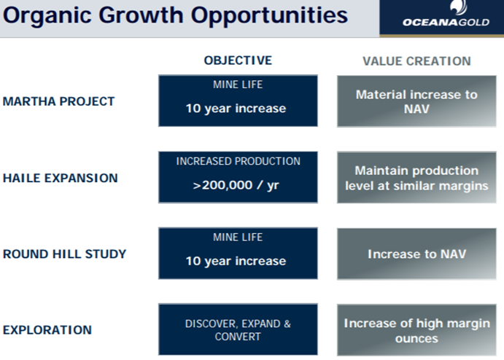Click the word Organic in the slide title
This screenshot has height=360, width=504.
[x=47, y=16]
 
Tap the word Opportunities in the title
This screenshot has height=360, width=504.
[x=269, y=15]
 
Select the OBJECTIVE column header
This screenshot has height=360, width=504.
[x=238, y=60]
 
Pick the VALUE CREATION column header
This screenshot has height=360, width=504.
[x=416, y=61]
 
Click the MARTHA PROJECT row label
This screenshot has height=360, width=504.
[x=58, y=101]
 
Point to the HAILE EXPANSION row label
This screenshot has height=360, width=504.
[x=60, y=178]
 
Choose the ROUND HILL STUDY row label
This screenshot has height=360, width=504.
[x=64, y=254]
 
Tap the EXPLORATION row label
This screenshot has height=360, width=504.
[x=47, y=330]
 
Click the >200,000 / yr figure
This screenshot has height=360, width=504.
[x=236, y=185]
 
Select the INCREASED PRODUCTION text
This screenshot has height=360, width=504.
[x=239, y=161]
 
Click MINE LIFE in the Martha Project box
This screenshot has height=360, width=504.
[x=238, y=85]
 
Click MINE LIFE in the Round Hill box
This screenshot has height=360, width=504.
[x=238, y=238]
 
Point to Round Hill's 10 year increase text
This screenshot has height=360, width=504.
[x=236, y=261]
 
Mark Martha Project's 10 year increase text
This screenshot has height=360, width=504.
[x=236, y=109]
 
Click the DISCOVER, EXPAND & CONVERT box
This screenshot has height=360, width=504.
[x=238, y=329]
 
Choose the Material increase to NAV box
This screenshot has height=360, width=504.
[x=416, y=101]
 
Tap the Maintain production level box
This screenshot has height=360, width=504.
[x=416, y=178]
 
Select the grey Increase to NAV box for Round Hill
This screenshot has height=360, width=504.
[x=416, y=254]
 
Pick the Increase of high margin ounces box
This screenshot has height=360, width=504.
[x=416, y=330]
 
